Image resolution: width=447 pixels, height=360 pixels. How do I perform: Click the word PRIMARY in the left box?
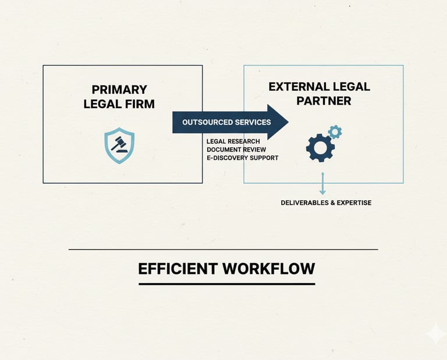coord(119,90)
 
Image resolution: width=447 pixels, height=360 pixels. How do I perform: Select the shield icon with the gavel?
coord(119,145)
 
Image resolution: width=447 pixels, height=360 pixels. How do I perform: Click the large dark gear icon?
coord(320,147)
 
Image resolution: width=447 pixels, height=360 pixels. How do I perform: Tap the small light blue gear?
coord(335,131)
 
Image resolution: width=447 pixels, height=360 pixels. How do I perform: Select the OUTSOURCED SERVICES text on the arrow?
coord(226,122)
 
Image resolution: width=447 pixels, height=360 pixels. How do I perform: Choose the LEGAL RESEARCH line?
coord(233,141)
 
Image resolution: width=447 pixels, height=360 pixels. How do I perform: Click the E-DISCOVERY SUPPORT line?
coord(242,158)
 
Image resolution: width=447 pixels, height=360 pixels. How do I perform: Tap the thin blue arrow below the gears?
coord(322,183)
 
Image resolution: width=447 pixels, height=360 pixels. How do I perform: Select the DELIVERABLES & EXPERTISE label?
coord(326,203)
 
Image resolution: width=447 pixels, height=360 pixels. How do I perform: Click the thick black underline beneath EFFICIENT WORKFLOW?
coord(226,284)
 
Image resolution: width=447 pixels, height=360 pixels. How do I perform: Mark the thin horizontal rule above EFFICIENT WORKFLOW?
coord(223,249)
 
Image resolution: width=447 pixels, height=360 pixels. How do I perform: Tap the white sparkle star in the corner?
coord(435,334)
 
